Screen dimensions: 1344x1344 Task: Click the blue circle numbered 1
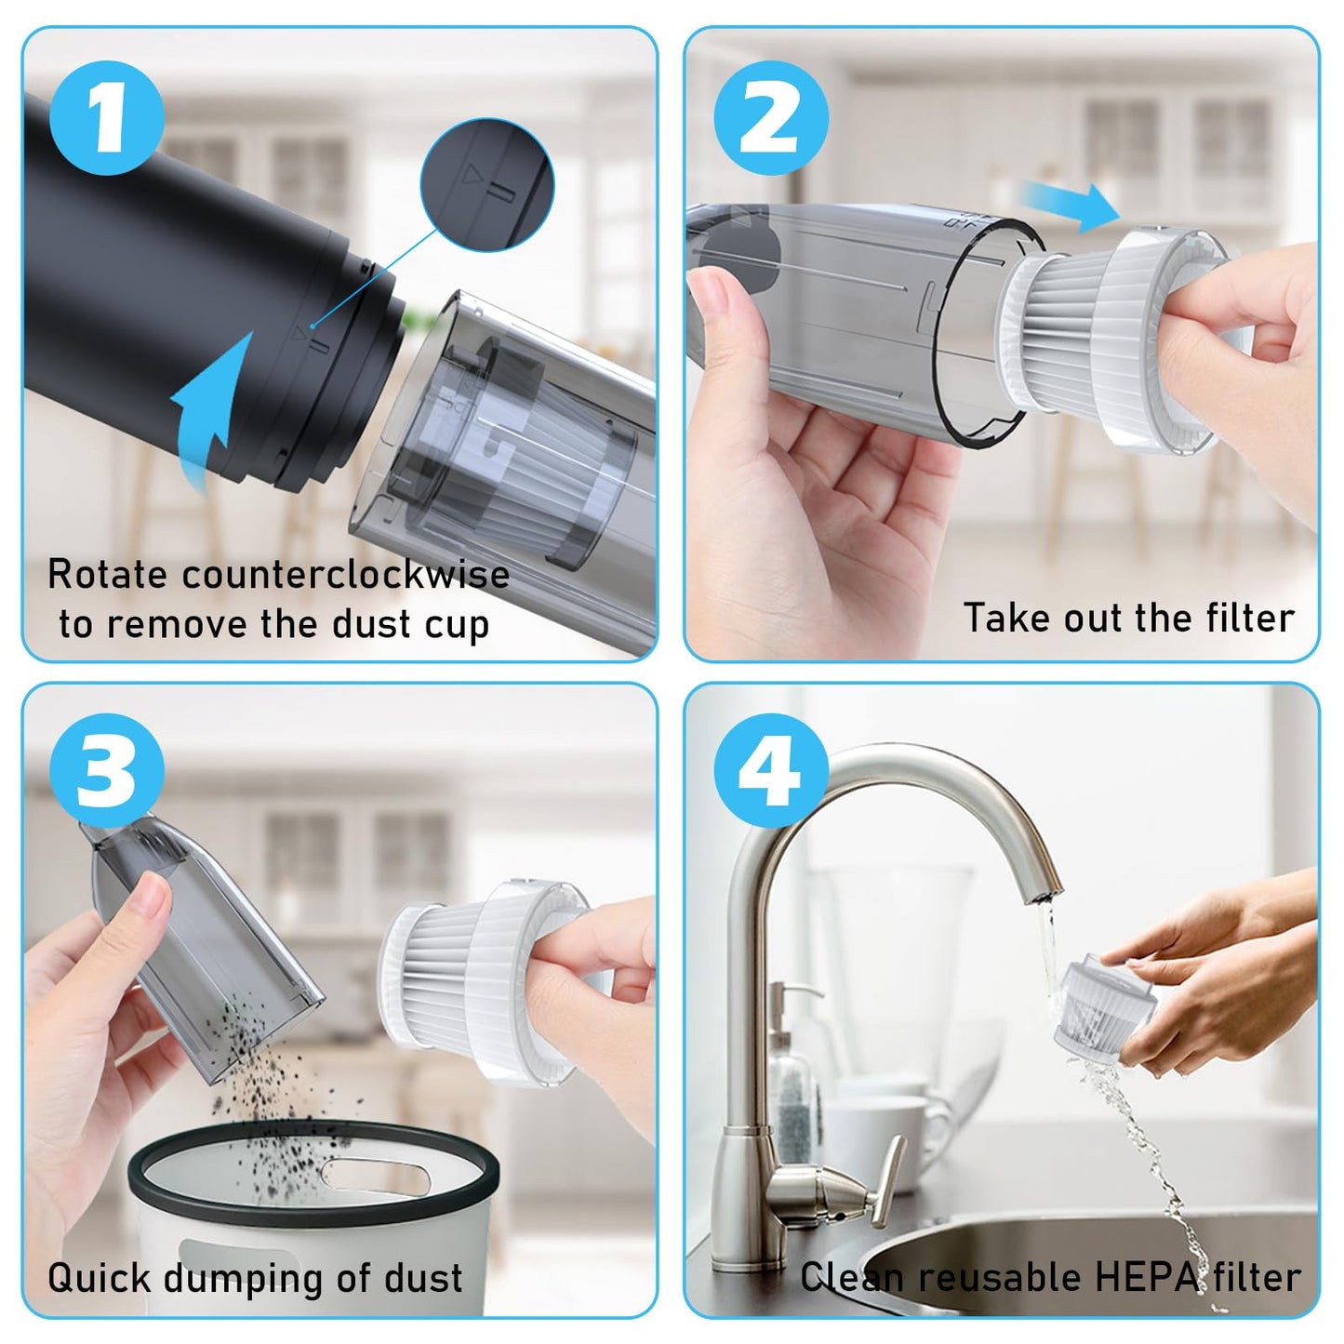point(107,117)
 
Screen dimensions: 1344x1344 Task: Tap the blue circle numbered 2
point(771,117)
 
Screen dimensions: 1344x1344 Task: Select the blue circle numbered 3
point(107,771)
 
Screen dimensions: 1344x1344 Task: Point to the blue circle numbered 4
point(771,771)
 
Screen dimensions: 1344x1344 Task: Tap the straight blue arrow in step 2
point(1069,206)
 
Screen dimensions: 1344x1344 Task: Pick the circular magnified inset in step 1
point(486,185)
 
